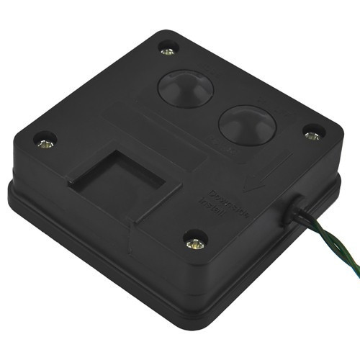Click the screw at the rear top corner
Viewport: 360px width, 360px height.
coord(167,50)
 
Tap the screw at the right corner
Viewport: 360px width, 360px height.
coord(312,134)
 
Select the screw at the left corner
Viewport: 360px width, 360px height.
coord(45,143)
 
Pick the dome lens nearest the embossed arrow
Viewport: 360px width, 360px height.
coord(246,125)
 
